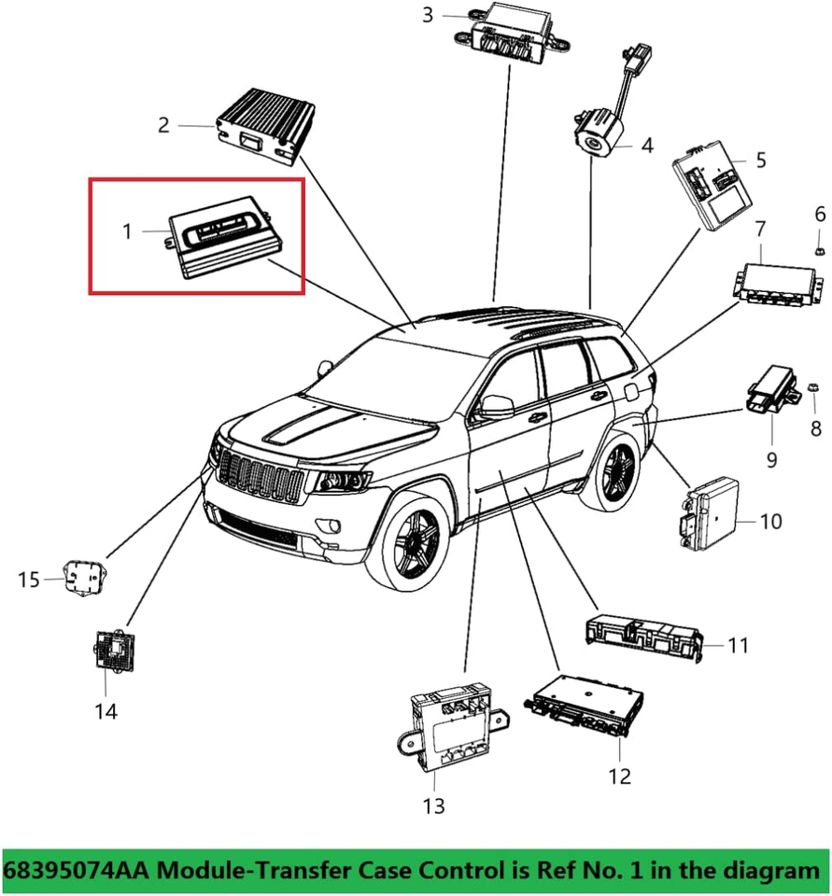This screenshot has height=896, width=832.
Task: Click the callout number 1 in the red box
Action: point(127,230)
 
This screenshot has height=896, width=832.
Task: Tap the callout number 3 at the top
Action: point(428,14)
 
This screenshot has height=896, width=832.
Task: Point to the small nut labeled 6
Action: point(818,249)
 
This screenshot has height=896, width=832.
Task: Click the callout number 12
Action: point(619,775)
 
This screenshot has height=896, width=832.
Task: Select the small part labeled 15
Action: point(82,578)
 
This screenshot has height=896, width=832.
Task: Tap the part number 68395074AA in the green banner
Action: point(77,871)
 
